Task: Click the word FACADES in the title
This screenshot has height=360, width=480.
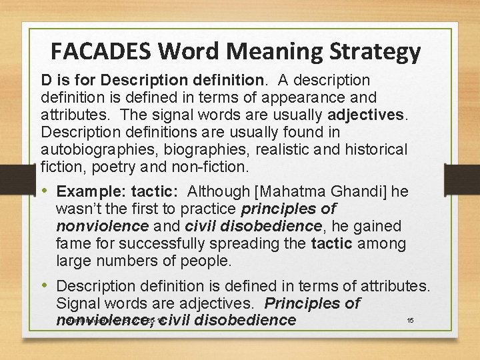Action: (95, 51)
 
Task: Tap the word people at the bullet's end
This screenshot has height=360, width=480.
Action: (206, 261)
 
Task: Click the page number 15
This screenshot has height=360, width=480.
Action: (411, 321)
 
